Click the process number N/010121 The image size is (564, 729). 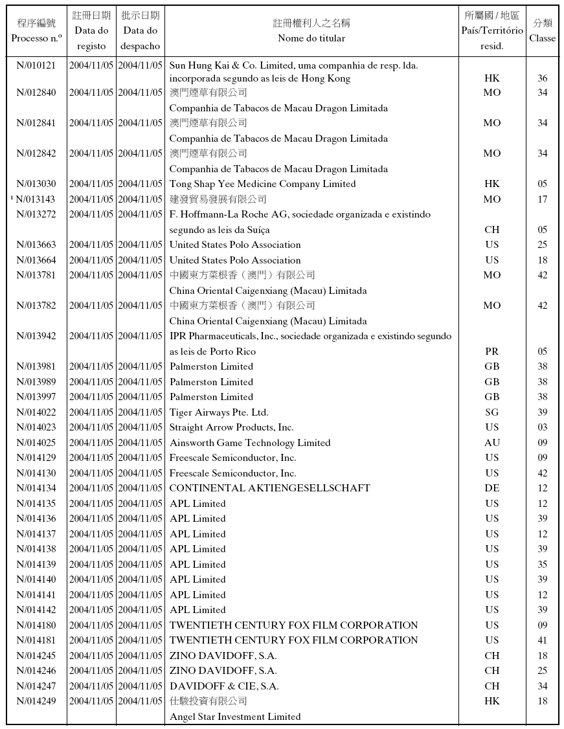coord(36,65)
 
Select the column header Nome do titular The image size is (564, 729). coord(311,38)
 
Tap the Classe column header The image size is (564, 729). coord(542,38)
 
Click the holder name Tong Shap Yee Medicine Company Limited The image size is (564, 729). coord(262,184)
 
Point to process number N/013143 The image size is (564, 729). coord(38,199)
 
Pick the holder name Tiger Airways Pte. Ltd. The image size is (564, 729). coord(219,412)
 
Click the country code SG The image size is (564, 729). coord(492,412)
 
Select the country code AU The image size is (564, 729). coord(492,443)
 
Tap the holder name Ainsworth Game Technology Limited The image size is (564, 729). coord(250,443)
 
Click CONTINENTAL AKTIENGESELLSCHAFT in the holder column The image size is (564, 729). coord(269,488)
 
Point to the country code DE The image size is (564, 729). coord(492,488)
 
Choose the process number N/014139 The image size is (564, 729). coord(36,565)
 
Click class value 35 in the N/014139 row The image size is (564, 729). coord(542,565)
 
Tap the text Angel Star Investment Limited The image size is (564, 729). coord(235,717)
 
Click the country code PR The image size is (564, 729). coord(492,352)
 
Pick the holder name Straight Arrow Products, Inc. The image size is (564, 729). coord(232,427)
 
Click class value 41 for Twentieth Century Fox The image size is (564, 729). coord(542,640)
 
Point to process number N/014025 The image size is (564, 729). coord(36,443)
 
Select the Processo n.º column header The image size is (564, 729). coord(36,38)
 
